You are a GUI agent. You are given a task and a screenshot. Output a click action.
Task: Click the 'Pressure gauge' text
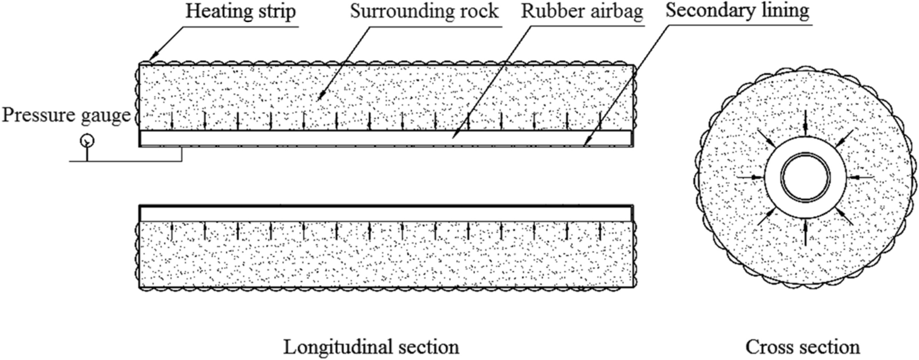[x=66, y=115]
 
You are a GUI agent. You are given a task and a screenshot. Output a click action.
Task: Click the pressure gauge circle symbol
[x=87, y=140]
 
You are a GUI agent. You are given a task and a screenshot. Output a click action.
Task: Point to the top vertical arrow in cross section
[x=805, y=126]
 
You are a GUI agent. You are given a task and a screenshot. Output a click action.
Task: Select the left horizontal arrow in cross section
[x=749, y=178]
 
